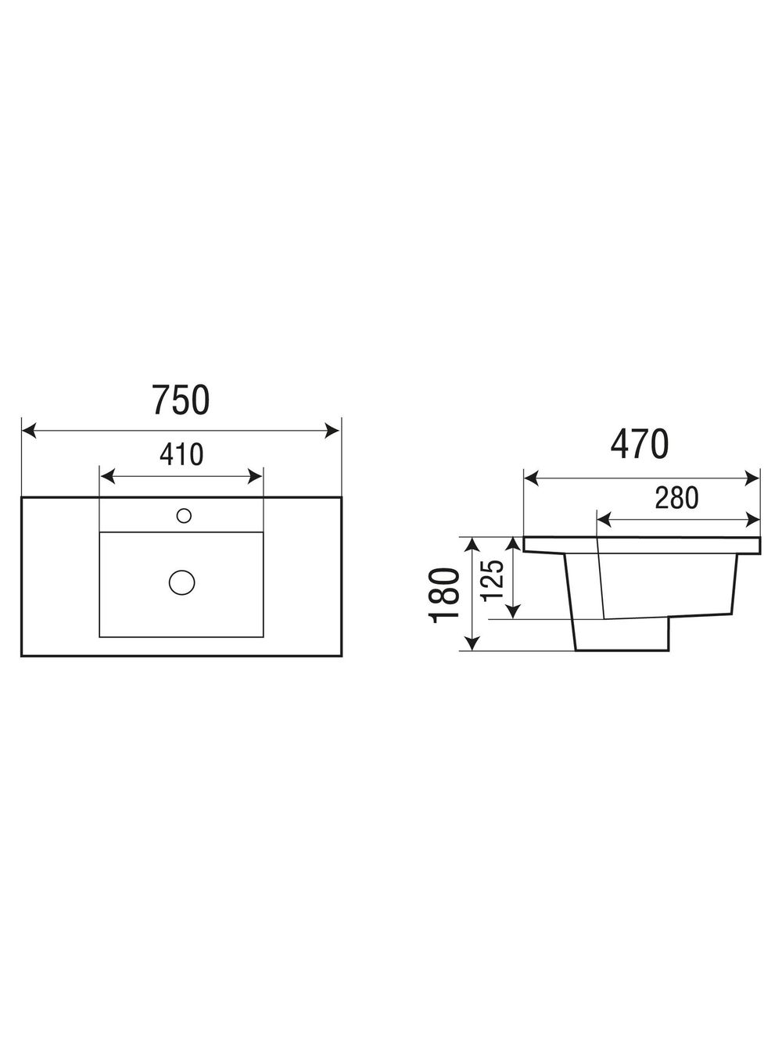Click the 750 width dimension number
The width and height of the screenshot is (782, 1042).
point(181,400)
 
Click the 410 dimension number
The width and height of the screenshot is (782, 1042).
point(181,454)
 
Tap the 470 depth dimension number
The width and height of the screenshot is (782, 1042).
point(640,444)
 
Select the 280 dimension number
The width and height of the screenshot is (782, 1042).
point(676,497)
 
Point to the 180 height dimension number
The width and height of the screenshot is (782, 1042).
point(444,596)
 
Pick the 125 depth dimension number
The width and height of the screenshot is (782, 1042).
point(491,580)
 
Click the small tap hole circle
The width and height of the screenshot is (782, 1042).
point(184,516)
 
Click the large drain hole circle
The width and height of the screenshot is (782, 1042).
point(182,582)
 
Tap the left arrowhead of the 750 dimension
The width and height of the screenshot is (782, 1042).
point(30,431)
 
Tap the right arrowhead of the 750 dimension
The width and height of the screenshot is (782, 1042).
point(332,431)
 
